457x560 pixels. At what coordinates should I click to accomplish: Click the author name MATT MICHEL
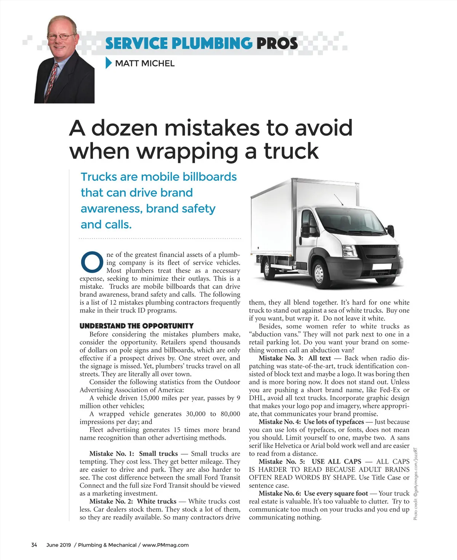click(145, 63)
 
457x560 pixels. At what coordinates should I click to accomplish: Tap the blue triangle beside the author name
click(109, 63)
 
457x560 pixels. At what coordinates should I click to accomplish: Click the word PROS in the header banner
click(277, 43)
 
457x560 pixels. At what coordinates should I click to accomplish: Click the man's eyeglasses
click(61, 37)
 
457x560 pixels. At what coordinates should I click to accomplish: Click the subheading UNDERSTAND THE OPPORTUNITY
click(136, 326)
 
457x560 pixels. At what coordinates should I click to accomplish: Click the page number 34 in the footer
click(34, 545)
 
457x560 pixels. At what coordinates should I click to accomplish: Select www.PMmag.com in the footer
click(165, 545)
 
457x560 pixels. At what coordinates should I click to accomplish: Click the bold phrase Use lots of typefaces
click(334, 422)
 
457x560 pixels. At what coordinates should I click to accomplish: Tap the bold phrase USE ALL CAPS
click(336, 461)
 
